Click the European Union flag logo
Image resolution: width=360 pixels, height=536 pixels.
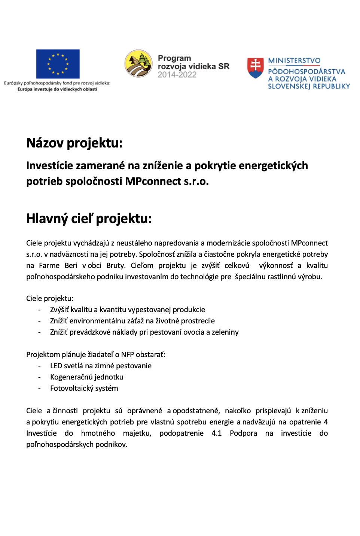pyautogui.click(x=58, y=64)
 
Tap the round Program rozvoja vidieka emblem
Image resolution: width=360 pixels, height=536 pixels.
pyautogui.click(x=138, y=64)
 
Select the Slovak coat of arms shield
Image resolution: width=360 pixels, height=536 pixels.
pyautogui.click(x=256, y=68)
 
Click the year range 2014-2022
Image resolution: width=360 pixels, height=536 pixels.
pyautogui.click(x=177, y=75)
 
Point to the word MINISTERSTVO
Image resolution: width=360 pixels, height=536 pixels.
pyautogui.click(x=294, y=61)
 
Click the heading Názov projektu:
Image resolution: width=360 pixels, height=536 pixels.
pyautogui.click(x=74, y=143)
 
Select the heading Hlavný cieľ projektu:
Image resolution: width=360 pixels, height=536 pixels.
pyautogui.click(x=89, y=219)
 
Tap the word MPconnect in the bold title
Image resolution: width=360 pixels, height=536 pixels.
pyautogui.click(x=153, y=181)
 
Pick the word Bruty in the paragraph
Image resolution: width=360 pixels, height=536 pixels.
pyautogui.click(x=116, y=265)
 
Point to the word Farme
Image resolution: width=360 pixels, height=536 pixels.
pyautogui.click(x=49, y=265)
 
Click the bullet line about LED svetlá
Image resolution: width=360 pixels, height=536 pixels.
pyautogui.click(x=101, y=366)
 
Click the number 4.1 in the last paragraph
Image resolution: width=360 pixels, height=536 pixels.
pyautogui.click(x=216, y=433)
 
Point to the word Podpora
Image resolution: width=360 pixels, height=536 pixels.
pyautogui.click(x=243, y=433)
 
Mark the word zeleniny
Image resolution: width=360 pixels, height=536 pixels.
pyautogui.click(x=225, y=332)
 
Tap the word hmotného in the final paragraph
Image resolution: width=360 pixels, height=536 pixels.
pyautogui.click(x=98, y=433)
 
